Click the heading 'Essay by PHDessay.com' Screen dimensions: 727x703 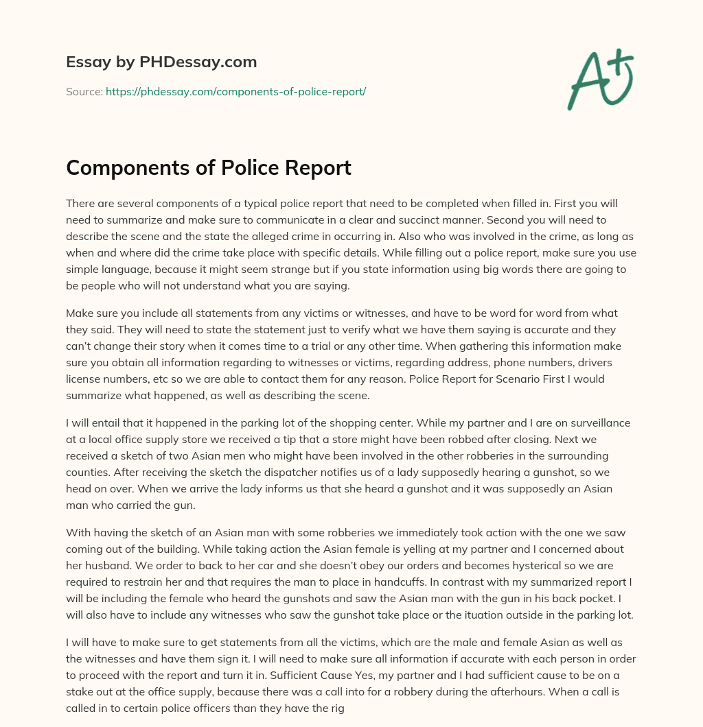point(161,62)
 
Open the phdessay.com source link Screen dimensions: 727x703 point(235,91)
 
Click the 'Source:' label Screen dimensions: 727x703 point(84,91)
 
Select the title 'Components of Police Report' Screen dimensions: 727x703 point(209,168)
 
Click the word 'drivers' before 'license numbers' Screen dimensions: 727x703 point(612,362)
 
